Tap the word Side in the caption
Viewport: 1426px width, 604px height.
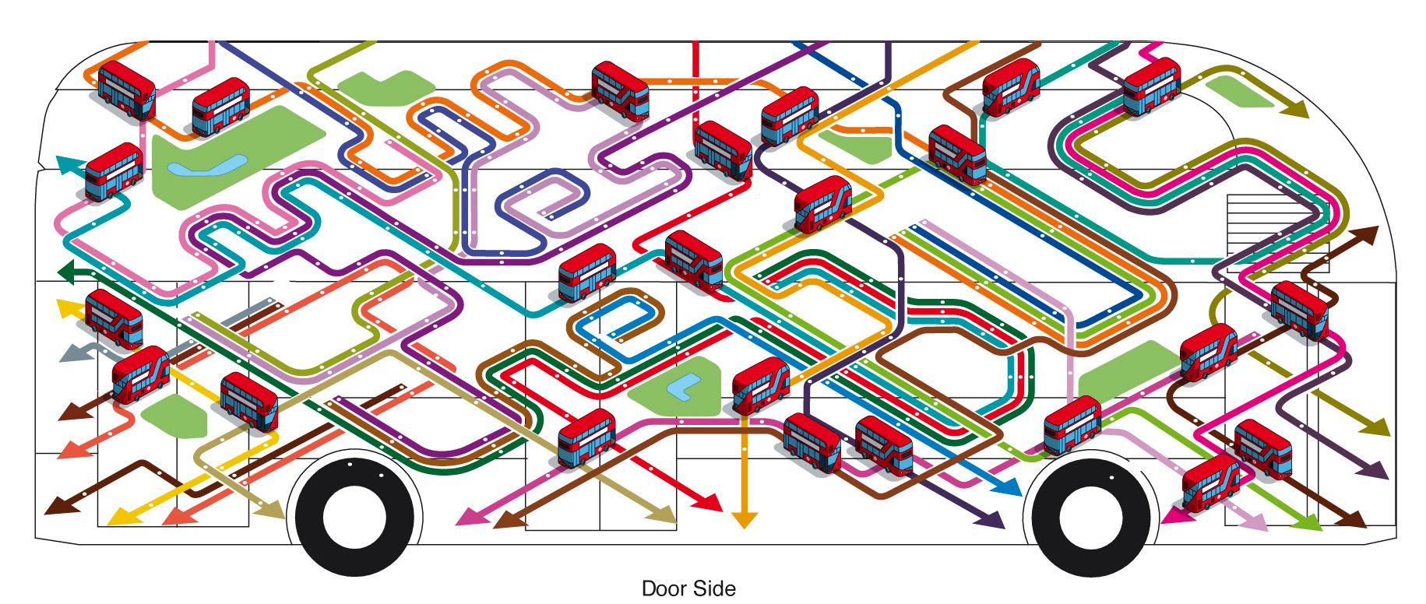tap(715, 588)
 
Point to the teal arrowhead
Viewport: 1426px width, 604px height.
tap(69, 164)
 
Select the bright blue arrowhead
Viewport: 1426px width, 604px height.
tap(1009, 486)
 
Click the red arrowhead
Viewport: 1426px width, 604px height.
tap(710, 502)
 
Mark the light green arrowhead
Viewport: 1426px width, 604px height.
tap(1309, 522)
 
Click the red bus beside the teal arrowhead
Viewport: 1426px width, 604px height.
tap(114, 172)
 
